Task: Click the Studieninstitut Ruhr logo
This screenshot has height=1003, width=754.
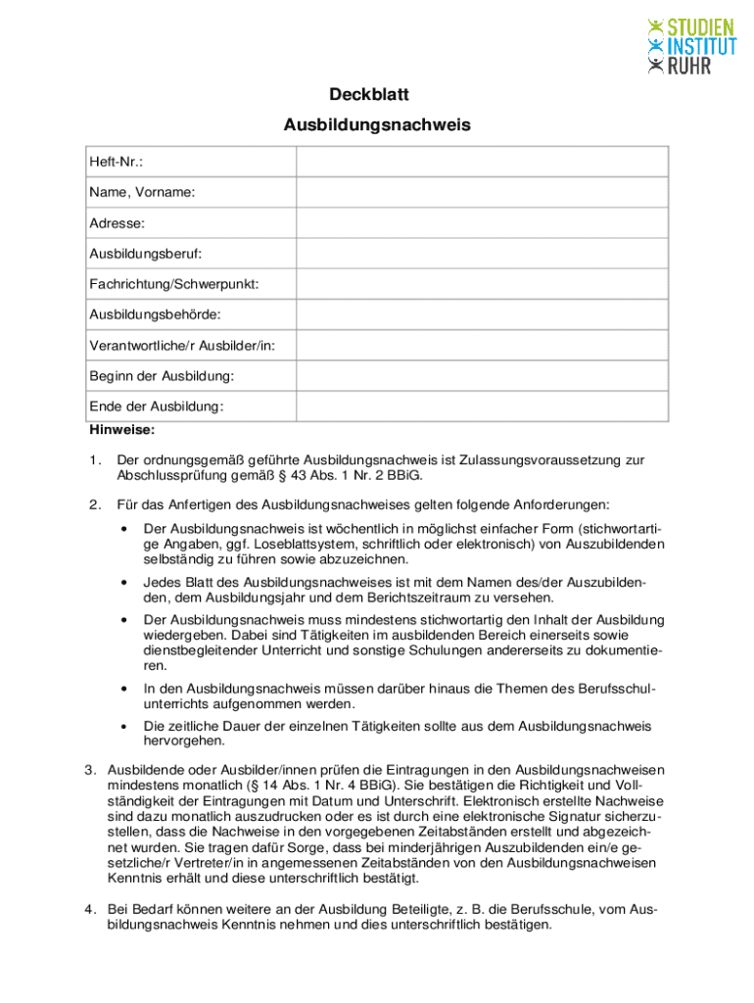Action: [x=690, y=45]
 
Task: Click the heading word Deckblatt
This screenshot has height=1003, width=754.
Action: [x=377, y=95]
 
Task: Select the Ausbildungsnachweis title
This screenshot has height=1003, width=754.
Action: [x=377, y=125]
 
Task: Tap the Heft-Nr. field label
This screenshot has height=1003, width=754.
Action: [x=117, y=163]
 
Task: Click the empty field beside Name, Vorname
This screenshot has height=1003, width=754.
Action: [x=482, y=193]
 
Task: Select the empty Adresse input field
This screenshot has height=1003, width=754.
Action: [x=482, y=223]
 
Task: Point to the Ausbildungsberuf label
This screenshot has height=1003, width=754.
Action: [x=146, y=254]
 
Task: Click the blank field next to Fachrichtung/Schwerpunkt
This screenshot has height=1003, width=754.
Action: [x=482, y=284]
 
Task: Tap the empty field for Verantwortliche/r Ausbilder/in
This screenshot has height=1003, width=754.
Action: [x=482, y=345]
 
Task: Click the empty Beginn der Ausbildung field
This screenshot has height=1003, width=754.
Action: [x=482, y=375]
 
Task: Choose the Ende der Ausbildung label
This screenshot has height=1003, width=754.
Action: [x=157, y=406]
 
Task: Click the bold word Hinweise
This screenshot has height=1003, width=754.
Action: [x=121, y=429]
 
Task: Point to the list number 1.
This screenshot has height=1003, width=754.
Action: [x=94, y=460]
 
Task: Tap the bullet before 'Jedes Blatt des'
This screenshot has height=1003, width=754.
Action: [x=124, y=582]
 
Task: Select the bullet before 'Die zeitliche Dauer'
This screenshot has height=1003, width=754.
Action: [x=124, y=727]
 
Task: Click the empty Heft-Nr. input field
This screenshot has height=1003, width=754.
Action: [x=482, y=163]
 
